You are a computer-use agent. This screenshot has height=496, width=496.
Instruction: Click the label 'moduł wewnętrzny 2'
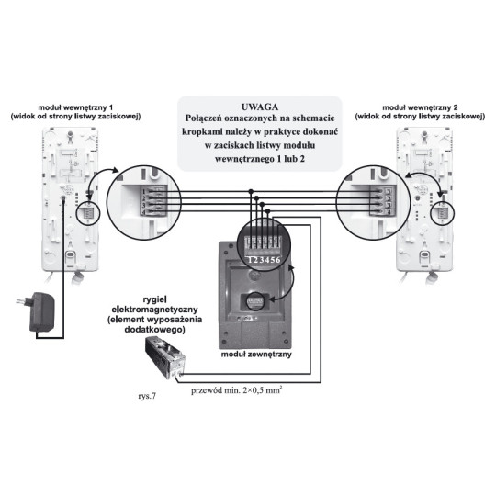coord(434,107)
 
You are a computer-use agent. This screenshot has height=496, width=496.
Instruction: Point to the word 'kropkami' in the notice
coord(205,132)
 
